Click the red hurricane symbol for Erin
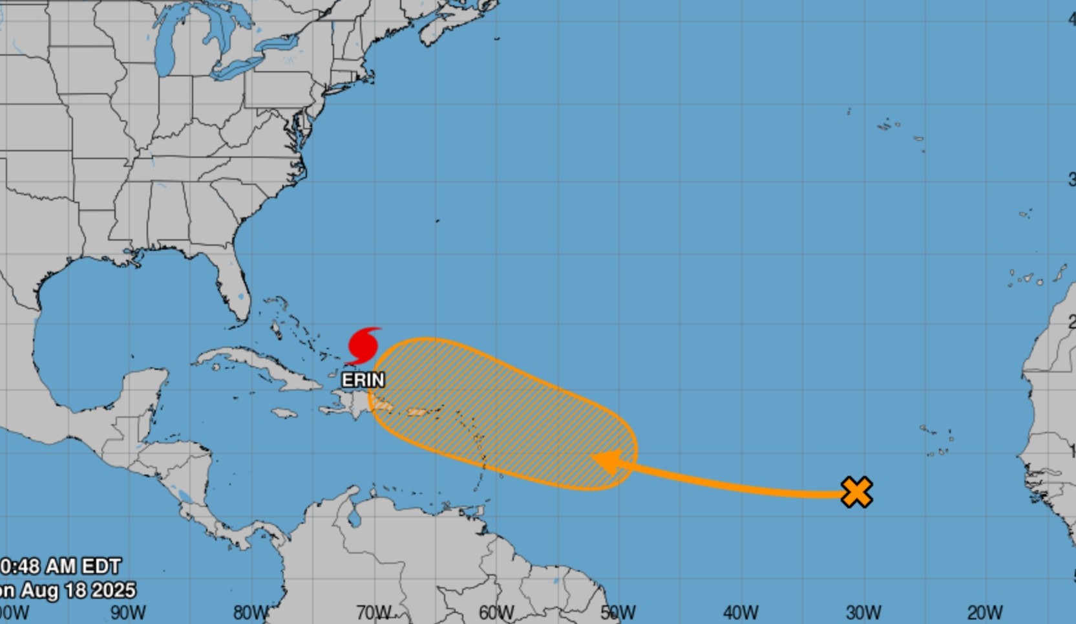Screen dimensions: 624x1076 [x=363, y=345]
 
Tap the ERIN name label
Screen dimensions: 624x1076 [x=363, y=380]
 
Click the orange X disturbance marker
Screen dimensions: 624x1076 [x=857, y=492]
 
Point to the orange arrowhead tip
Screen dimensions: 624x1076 [x=592, y=457]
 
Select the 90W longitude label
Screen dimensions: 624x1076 [x=128, y=612]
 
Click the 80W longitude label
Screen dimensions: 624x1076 [x=251, y=612]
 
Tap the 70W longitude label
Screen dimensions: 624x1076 [x=374, y=612]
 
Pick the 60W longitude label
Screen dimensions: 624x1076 [x=496, y=612]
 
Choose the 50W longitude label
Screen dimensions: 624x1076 [x=618, y=612]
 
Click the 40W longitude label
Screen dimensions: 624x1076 [x=741, y=612]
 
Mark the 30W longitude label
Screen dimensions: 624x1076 [x=863, y=612]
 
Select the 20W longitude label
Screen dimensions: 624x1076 [x=985, y=612]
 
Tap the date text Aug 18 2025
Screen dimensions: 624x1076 [x=78, y=590]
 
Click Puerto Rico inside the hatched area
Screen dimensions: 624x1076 [x=417, y=412]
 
